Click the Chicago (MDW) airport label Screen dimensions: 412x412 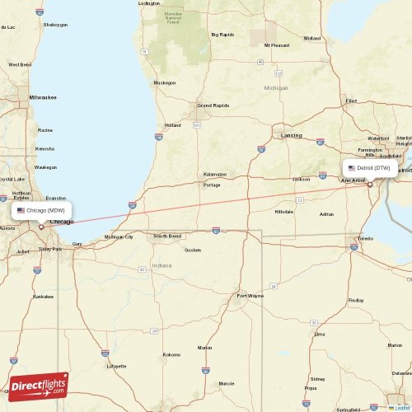click(x=42, y=210)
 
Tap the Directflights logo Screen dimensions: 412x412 click(x=39, y=385)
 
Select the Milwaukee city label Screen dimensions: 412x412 click(x=42, y=97)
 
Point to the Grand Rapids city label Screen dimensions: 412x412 click(x=212, y=105)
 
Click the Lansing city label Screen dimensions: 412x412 click(x=292, y=134)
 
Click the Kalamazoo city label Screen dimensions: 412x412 click(x=215, y=175)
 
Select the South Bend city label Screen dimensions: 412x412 click(x=166, y=236)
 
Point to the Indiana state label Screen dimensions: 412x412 click(x=162, y=266)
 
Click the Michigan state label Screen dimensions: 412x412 click(x=276, y=87)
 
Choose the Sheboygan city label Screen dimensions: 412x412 click(x=55, y=26)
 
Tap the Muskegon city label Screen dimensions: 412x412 click(x=165, y=82)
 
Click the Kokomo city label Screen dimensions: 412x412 click(x=171, y=354)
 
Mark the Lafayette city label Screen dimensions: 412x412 click(x=116, y=365)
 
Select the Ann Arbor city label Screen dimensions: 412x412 click(x=353, y=180)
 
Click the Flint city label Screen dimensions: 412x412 click(x=351, y=101)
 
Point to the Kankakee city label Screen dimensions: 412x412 click(x=42, y=296)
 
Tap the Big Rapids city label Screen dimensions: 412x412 click(x=222, y=35)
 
